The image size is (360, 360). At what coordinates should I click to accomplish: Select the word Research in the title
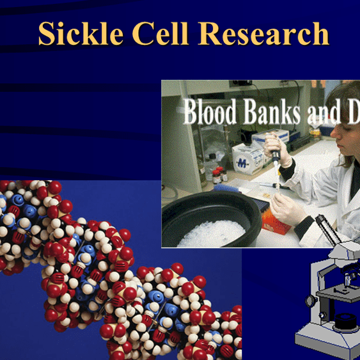pyautogui.click(x=268, y=35)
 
